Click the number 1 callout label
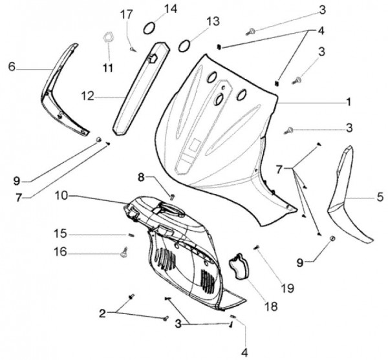click(x=349, y=101)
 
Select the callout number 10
click(x=61, y=195)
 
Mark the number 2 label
click(x=103, y=313)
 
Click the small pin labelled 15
click(x=130, y=234)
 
